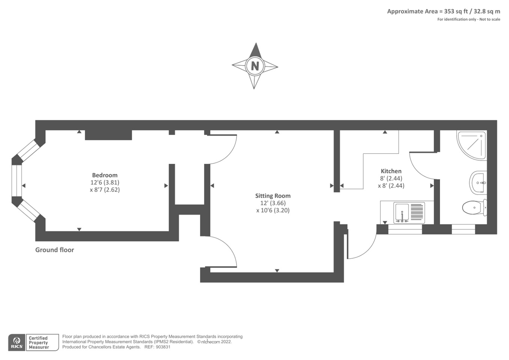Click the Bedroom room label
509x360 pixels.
[105, 175]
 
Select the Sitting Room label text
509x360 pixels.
[272, 196]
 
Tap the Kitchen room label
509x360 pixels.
[391, 171]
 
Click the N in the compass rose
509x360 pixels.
[255, 66]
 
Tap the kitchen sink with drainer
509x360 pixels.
[409, 213]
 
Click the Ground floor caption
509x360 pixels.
[55, 250]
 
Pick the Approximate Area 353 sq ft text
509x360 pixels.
[443, 11]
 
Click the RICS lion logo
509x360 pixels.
[16, 342]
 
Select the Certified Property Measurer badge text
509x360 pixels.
[39, 343]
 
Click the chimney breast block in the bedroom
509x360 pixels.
[108, 135]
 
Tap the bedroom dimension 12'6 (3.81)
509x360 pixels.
[105, 183]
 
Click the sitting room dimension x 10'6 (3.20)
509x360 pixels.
[272, 210]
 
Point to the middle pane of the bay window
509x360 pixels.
[17, 180]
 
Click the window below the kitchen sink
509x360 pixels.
[405, 229]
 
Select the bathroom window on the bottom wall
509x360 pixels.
[463, 229]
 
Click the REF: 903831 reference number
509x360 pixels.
[157, 347]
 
